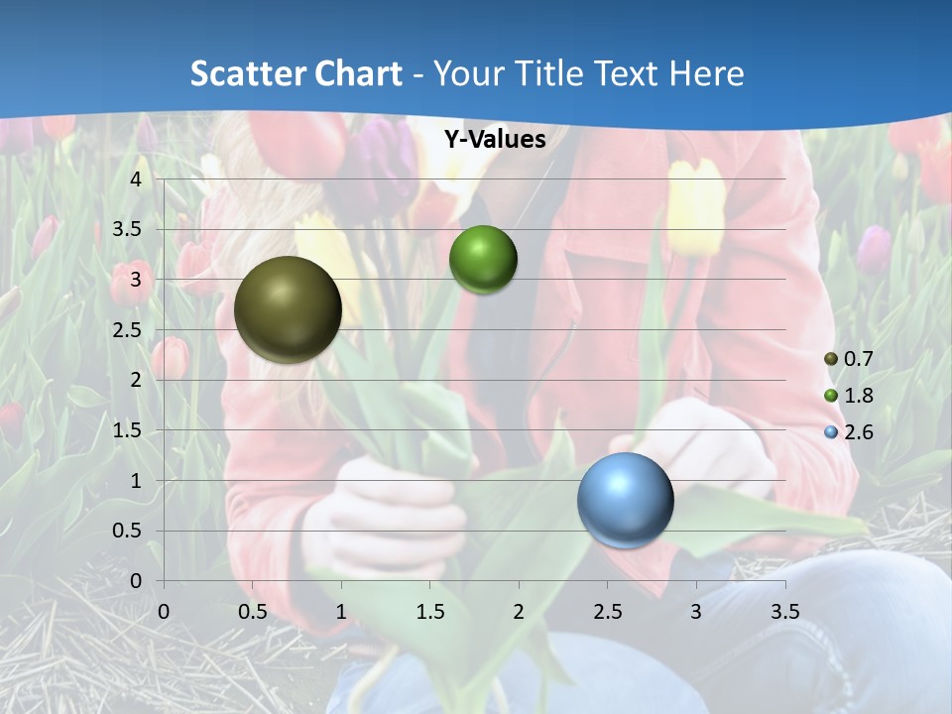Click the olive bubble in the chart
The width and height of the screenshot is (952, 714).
pos(288,309)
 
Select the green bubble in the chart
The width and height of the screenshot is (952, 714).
pos(483,260)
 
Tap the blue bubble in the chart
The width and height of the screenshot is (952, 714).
pos(626,500)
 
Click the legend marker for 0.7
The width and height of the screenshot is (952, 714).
pos(831,359)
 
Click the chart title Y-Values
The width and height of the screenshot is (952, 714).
pos(495,140)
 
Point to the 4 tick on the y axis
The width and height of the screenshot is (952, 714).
pos(136,178)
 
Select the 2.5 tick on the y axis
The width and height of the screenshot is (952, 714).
pos(126,329)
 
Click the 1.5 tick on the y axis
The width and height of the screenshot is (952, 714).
pos(126,430)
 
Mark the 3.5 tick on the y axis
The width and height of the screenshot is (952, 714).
pos(126,229)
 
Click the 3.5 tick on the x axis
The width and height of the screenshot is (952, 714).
pos(784,611)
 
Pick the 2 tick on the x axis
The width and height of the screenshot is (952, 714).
pos(519,611)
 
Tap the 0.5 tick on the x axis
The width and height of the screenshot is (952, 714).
pos(252,611)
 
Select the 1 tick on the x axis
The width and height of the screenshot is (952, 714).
pos(341,611)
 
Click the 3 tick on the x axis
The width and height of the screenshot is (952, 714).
pos(696,611)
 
